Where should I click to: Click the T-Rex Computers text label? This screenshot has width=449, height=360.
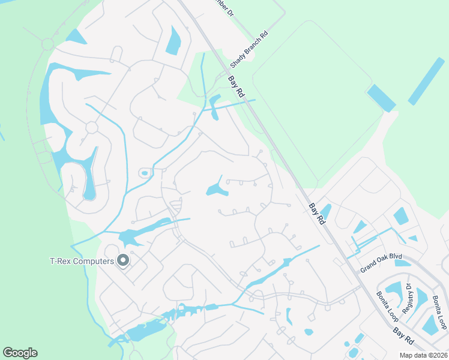pos(82,261)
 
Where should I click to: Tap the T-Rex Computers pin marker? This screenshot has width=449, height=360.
pos(123,260)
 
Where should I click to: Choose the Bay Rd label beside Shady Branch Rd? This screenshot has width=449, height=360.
pos(238,86)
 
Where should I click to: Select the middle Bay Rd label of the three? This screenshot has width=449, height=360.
pos(316,214)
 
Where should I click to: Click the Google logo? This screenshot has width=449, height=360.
pos(20,353)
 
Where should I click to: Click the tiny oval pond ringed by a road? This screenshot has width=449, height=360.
pos(144,173)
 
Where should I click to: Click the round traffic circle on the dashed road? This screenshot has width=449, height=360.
pos(47,44)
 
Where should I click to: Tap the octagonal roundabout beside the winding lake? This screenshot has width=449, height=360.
pos(91,128)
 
